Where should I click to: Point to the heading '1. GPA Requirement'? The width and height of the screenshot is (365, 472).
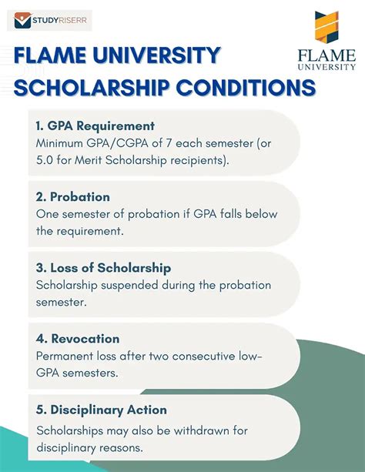click(x=95, y=126)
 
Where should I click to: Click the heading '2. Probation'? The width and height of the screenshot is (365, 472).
click(x=72, y=197)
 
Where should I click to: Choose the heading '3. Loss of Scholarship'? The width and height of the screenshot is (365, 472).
click(x=103, y=268)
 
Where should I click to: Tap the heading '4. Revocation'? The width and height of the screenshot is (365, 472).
click(x=77, y=339)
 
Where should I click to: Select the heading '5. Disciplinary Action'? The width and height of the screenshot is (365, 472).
click(x=101, y=410)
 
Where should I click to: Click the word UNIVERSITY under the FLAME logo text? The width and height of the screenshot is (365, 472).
click(x=327, y=67)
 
